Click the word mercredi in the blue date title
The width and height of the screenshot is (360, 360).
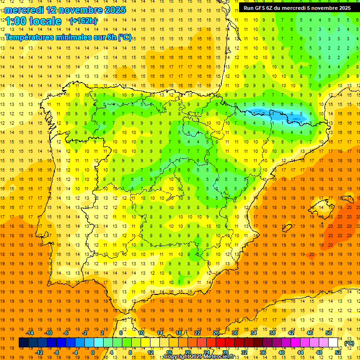[24, 10]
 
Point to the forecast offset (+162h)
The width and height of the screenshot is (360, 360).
[83, 21]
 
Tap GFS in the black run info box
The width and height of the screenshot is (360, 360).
[260, 8]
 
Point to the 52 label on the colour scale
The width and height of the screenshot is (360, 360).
[337, 352]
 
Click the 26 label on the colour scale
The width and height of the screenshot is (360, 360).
[216, 333]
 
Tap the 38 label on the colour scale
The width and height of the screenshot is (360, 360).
[272, 333]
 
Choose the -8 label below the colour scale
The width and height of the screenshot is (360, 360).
[57, 352]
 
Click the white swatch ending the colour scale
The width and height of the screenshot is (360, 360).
[333, 343]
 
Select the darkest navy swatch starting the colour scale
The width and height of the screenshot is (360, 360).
[23, 343]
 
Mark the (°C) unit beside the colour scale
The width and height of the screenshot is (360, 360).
[349, 343]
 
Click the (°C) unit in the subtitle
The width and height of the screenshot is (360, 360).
[125, 37]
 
